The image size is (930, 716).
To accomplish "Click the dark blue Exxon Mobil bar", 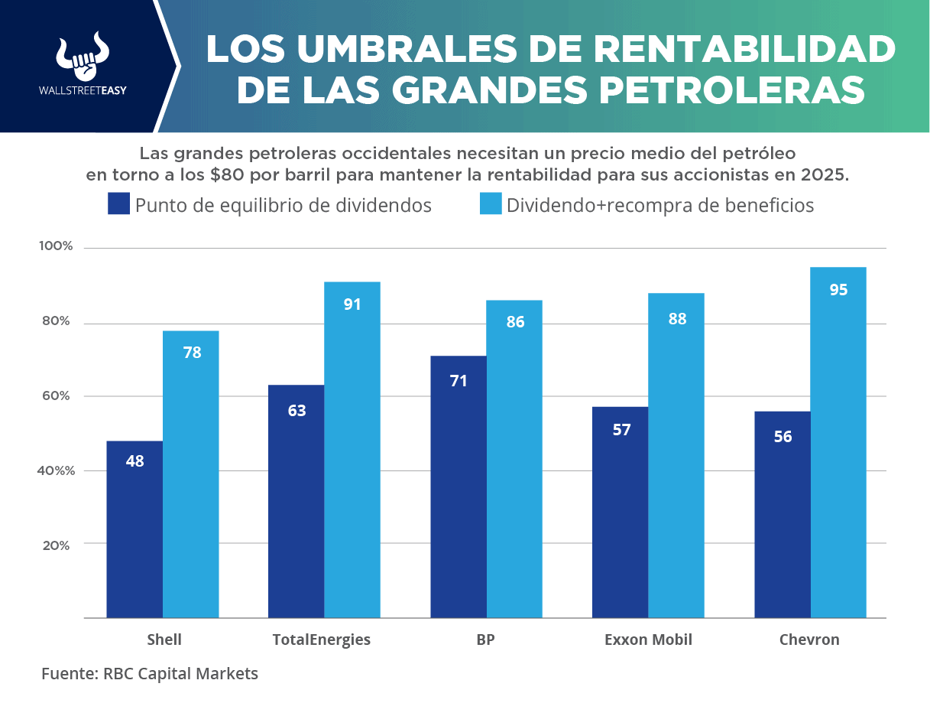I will (621, 512).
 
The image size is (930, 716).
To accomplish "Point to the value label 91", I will (352, 304).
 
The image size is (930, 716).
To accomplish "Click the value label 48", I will (134, 461).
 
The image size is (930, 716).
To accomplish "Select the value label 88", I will (677, 319).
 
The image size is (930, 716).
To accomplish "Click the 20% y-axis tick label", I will (55, 545).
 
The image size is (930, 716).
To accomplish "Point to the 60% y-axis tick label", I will (55, 395).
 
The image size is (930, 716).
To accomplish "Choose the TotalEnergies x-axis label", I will (321, 640).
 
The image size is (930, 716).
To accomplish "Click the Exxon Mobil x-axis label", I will (648, 640).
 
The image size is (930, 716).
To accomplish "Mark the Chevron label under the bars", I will (809, 640).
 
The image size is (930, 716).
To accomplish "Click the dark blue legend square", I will (118, 203).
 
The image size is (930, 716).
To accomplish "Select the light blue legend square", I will (490, 203).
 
